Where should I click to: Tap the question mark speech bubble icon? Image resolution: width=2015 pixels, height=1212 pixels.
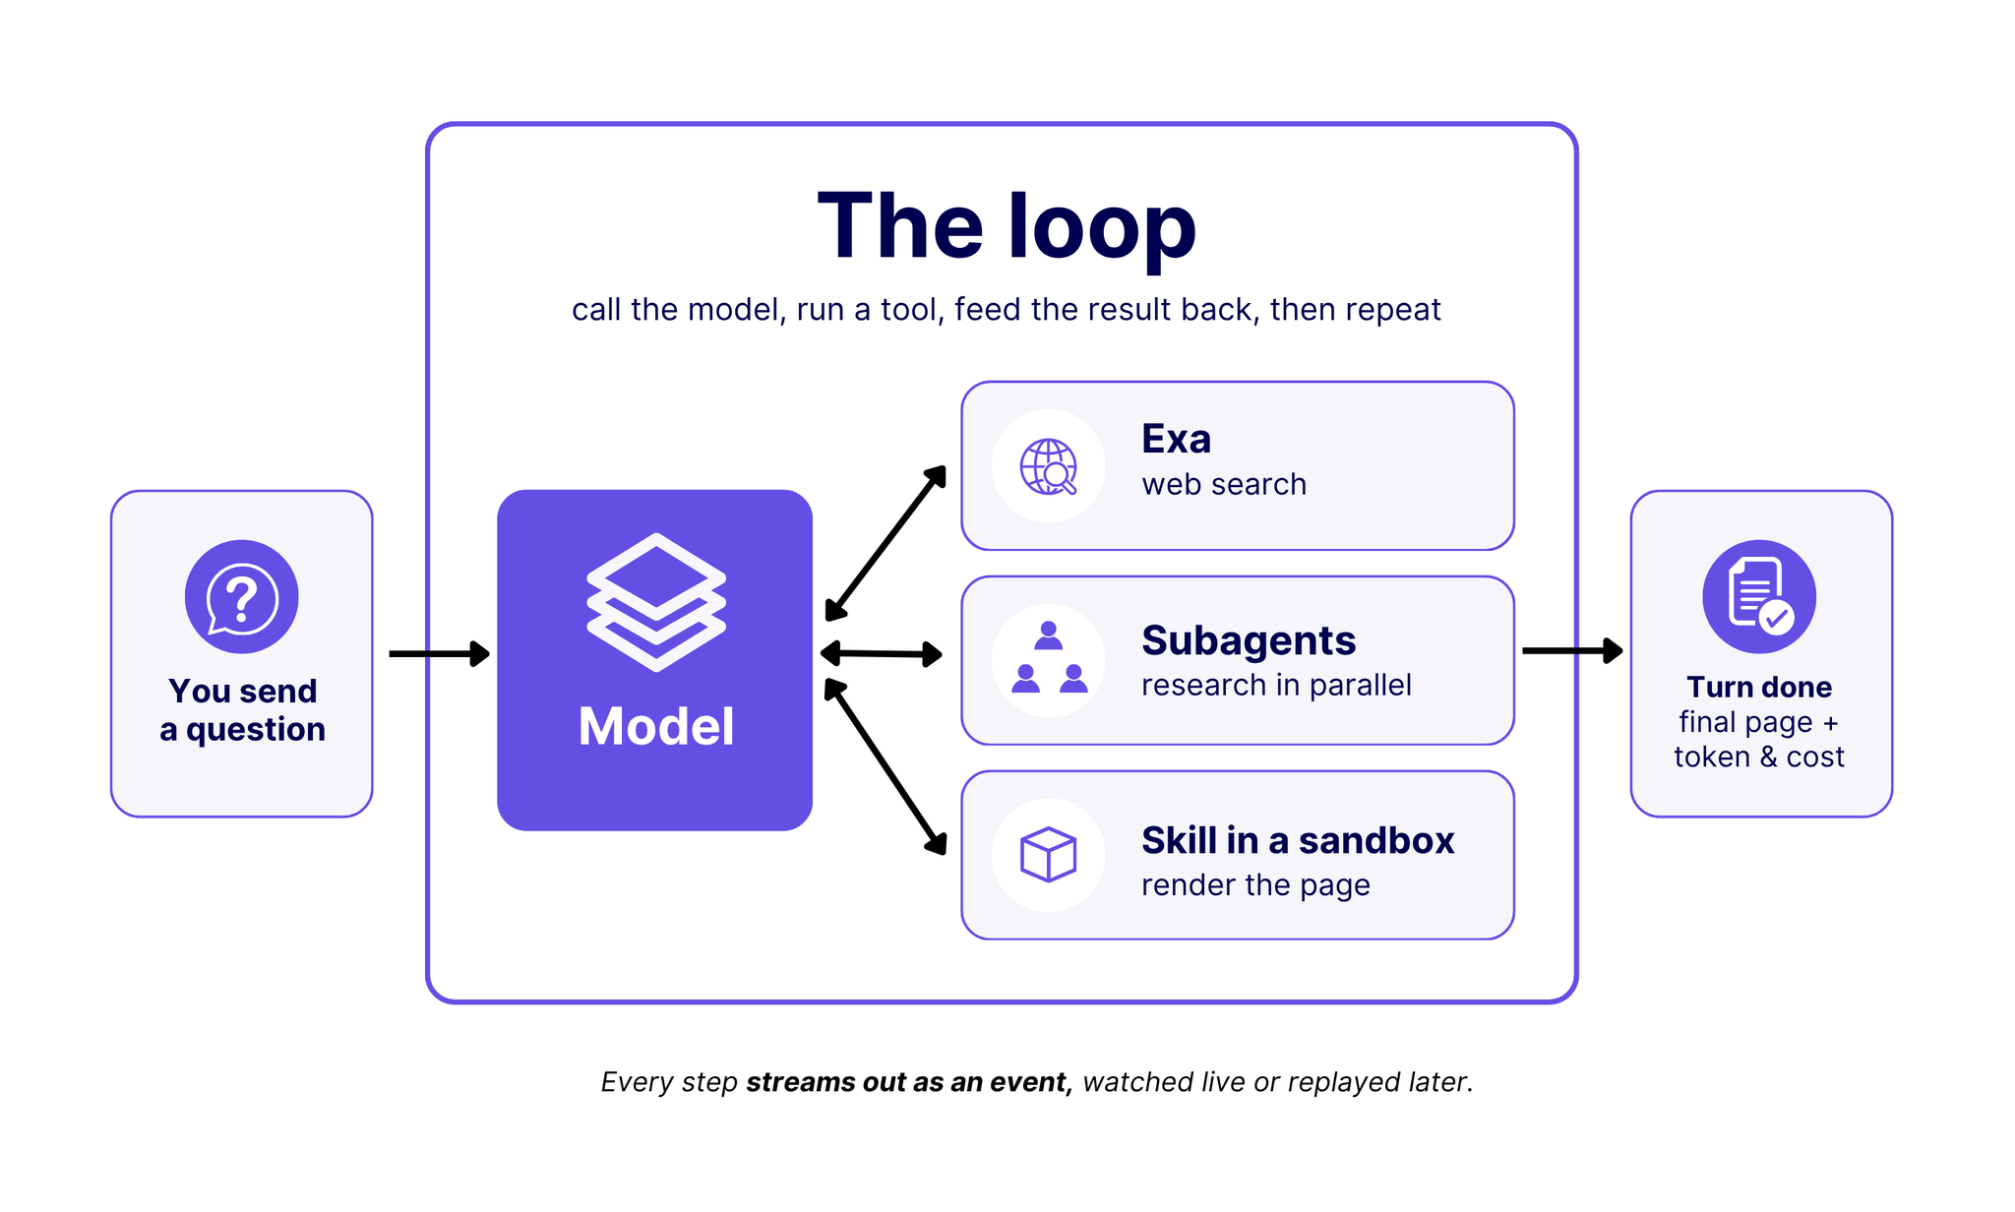click(241, 597)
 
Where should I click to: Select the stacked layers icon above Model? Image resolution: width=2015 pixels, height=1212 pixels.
click(656, 602)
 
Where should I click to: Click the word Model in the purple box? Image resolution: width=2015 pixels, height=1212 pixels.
click(656, 727)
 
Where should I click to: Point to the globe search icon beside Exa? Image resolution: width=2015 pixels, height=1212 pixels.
click(1048, 466)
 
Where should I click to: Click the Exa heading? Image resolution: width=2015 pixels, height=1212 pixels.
click(1176, 439)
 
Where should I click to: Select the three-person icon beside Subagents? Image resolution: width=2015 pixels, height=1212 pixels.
click(1049, 657)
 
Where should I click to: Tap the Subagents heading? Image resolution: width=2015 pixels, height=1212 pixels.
click(1249, 640)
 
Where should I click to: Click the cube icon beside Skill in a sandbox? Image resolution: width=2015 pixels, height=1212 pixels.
click(1049, 854)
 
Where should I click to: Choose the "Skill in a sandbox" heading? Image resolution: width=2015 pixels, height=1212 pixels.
click(1298, 841)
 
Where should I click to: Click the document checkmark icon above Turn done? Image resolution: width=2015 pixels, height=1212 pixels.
click(1759, 596)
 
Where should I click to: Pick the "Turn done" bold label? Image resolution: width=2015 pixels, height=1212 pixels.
click(1759, 687)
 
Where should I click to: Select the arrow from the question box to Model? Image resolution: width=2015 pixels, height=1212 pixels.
click(440, 653)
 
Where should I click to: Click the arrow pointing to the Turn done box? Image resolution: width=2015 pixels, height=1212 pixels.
click(1572, 650)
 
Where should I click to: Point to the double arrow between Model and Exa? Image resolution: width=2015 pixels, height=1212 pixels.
click(885, 543)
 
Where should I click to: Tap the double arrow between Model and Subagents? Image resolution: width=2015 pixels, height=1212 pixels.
click(882, 653)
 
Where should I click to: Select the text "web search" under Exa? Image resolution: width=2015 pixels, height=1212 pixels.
click(1224, 484)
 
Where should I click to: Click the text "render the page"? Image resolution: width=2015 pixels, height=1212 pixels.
click(1255, 884)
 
